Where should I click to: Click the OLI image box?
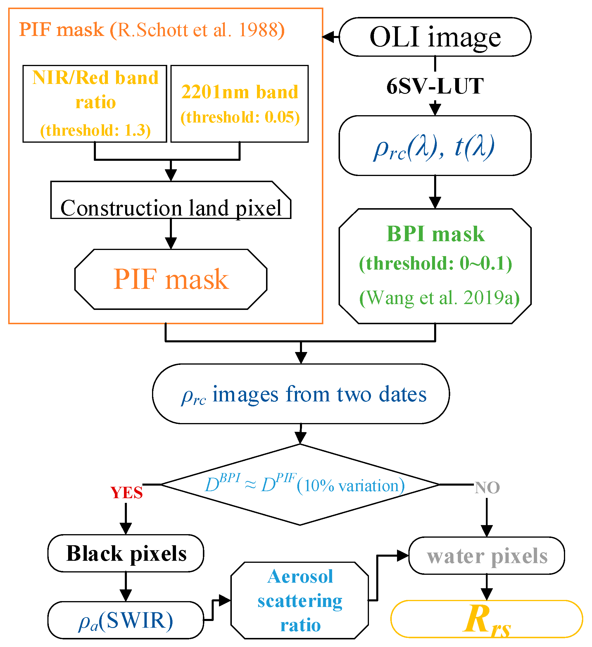click(435, 37)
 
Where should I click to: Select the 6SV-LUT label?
click(435, 86)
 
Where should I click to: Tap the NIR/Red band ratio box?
click(95, 103)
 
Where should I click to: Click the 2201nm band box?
click(239, 103)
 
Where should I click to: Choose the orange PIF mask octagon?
click(171, 279)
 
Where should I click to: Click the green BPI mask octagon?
click(435, 266)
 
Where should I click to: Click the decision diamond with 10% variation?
click(300, 485)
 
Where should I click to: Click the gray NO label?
click(487, 488)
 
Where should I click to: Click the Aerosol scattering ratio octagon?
click(300, 600)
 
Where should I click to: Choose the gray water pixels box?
click(486, 555)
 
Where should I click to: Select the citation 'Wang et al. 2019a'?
click(439, 298)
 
